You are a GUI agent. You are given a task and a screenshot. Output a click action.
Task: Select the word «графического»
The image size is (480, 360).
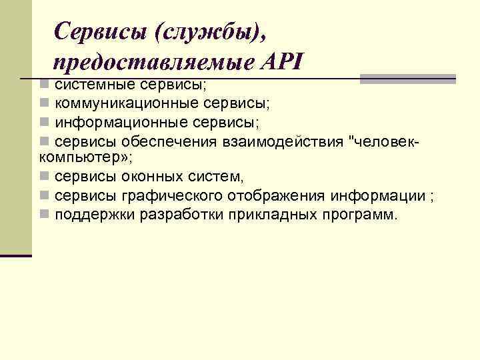click(173, 196)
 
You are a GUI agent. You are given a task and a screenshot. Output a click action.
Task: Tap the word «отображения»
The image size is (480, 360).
click(277, 196)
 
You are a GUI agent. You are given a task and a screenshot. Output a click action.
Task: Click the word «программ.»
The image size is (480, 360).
click(361, 215)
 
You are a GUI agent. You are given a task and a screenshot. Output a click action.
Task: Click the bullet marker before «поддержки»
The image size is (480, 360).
click(44, 215)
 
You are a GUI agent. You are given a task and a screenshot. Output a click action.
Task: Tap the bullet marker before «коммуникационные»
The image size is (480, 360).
click(44, 104)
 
